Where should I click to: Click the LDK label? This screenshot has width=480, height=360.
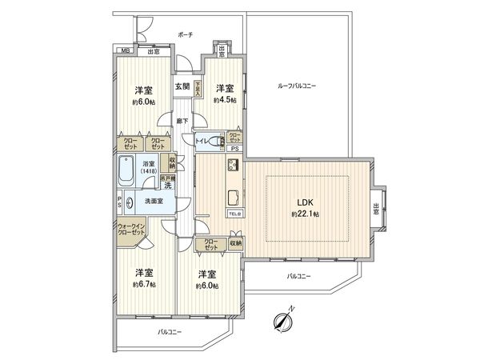(x=305, y=202)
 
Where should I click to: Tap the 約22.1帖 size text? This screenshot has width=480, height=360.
(x=305, y=215)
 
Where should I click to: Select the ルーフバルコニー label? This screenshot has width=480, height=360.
(x=297, y=86)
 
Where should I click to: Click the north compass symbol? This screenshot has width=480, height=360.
(x=282, y=321)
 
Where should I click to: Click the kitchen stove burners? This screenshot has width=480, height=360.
(x=234, y=166)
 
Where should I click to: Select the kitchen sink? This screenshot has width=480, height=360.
(x=233, y=197)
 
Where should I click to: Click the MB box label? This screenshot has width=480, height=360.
(x=125, y=52)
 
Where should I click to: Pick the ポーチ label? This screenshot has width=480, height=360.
(x=186, y=36)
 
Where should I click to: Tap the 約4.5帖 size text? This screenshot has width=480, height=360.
(x=223, y=101)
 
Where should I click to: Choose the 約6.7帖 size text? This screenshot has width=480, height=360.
(x=144, y=283)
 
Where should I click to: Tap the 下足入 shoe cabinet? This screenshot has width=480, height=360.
(x=197, y=87)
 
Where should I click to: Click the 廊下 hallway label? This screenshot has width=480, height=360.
(x=183, y=121)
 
